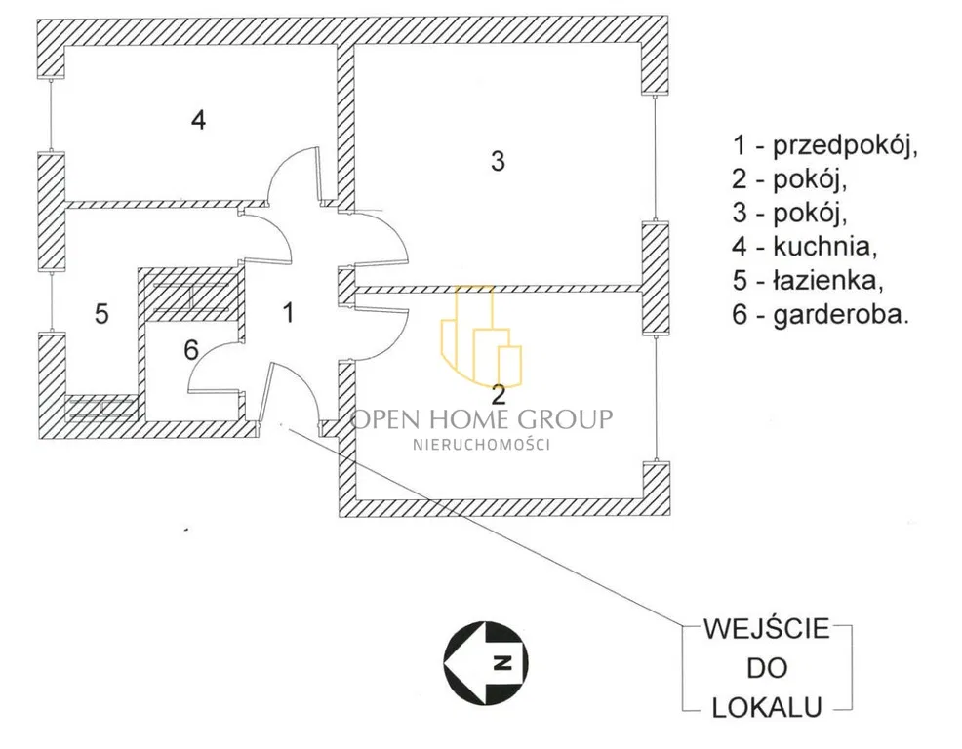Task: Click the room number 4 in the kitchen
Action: [x=198, y=121]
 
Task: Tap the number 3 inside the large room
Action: [x=498, y=162]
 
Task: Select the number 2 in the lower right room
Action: [x=500, y=395]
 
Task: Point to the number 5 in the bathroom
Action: [x=101, y=314]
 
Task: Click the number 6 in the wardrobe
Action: [x=191, y=349]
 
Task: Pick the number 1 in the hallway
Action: [x=288, y=312]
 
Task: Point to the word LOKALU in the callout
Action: [x=766, y=707]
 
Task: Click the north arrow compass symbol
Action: [x=486, y=661]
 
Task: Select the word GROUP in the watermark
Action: [x=567, y=419]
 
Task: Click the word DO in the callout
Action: [x=766, y=668]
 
